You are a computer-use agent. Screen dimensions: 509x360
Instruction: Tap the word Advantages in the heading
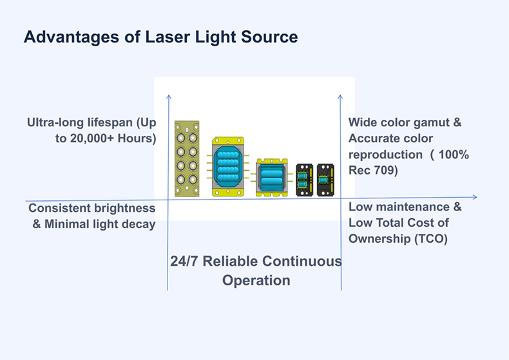(x=72, y=37)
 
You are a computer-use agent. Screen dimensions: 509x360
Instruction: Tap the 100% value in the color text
(x=454, y=155)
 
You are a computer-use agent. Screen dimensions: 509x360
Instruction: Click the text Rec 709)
(x=373, y=170)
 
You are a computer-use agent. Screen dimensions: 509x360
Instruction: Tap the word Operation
(x=256, y=281)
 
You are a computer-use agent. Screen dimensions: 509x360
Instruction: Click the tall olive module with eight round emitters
(x=187, y=159)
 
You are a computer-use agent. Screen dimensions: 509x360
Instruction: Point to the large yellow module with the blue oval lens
(x=228, y=167)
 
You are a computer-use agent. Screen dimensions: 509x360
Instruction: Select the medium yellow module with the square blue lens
(x=272, y=178)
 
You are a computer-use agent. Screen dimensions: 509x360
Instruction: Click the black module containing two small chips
(x=304, y=180)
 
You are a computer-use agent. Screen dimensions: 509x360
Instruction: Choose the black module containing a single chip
(x=325, y=180)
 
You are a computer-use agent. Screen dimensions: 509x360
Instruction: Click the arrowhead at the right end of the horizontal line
(x=475, y=197)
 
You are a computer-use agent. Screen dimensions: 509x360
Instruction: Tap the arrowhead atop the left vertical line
(x=168, y=97)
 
